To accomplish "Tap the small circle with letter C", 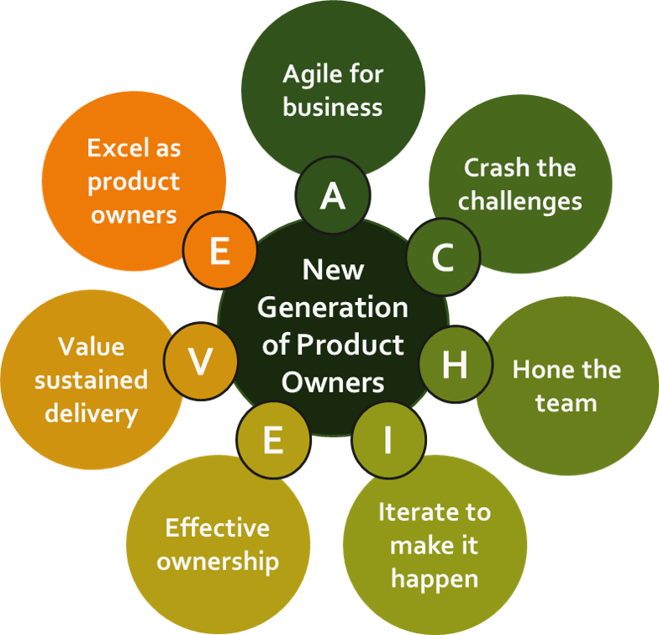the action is pos(443,257).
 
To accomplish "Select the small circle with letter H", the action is pos(454,365).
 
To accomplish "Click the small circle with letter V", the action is pos(200,362).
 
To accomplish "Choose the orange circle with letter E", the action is pos(219,251).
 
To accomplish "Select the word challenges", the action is pos(519,201).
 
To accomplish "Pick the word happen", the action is pos(434,579).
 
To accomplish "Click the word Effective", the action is pos(218,528).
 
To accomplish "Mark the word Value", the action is pos(91,347).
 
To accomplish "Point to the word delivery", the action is pos(91,413).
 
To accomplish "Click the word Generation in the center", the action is pos(333,308).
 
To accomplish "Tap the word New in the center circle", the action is pos(333,270).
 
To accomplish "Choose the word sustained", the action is pos(91,380).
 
